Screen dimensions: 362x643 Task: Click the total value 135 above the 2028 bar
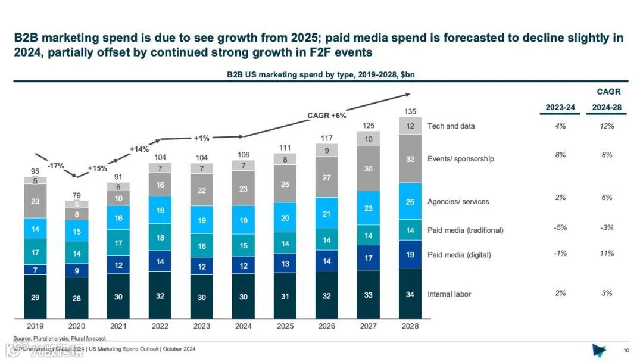pos(410,111)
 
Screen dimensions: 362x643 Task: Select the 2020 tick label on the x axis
pos(77,326)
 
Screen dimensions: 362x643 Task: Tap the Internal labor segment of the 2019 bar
pos(35,297)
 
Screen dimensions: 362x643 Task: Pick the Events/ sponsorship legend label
pos(460,159)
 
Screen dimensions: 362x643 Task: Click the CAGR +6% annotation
pos(326,116)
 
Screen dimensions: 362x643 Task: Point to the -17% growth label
pos(57,166)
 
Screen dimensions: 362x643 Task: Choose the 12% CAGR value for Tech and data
pos(607,126)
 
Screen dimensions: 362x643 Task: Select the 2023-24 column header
pos(560,108)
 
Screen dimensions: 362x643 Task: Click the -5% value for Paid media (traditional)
pos(560,228)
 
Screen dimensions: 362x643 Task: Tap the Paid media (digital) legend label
pos(459,255)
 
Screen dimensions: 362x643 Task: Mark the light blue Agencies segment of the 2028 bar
pos(410,202)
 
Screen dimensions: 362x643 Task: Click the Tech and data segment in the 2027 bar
pos(369,139)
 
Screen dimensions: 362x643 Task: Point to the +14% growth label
pos(139,149)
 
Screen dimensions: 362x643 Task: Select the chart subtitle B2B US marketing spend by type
pos(324,74)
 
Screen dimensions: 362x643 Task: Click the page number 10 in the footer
pos(626,350)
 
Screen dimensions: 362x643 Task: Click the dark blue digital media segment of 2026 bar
pos(327,261)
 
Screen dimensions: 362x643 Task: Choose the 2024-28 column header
pos(607,108)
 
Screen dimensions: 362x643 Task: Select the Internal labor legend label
pos(449,294)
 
